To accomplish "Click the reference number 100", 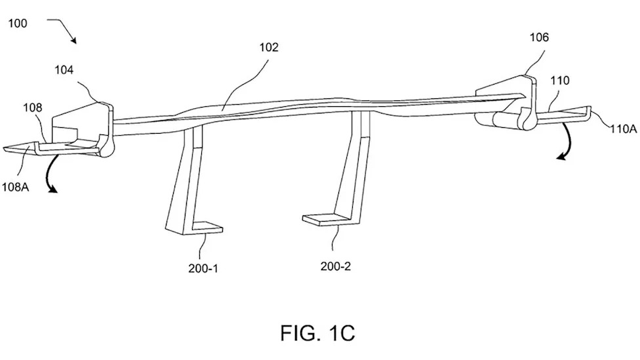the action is coord(18,23).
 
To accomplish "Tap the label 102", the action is coord(269,47).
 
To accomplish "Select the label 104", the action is coord(64,70).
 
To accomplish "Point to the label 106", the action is coord(539,37).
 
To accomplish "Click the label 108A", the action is coord(15,187).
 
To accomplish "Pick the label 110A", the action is coord(624,129).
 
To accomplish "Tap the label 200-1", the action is coord(203,268).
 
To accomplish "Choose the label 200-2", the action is coord(336,266).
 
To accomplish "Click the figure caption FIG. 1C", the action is coord(317,332).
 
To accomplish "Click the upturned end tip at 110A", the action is coord(590,108).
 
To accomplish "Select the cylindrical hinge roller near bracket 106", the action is coord(506,121).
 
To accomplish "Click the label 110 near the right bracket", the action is coord(559,81).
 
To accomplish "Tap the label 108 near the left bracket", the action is coord(32,108).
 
